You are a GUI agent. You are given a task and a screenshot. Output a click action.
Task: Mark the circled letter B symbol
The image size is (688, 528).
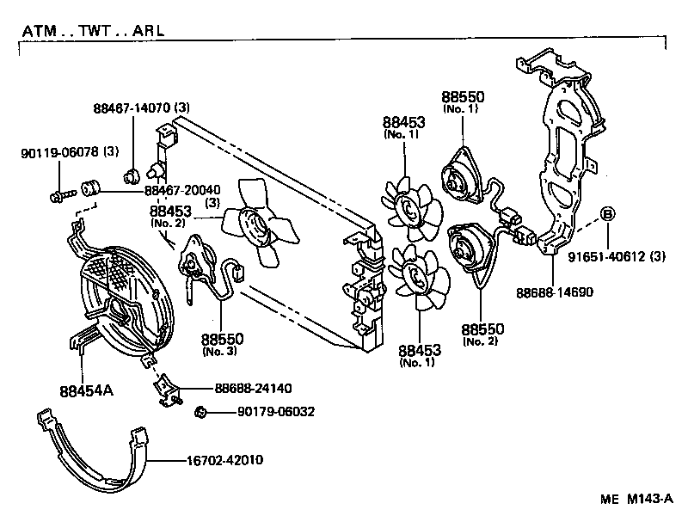606,214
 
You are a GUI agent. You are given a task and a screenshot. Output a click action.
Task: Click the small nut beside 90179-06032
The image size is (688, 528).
200,412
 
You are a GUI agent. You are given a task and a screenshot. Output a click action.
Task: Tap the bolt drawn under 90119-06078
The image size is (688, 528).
56,197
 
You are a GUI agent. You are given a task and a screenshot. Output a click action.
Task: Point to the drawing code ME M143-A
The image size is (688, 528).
637,500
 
